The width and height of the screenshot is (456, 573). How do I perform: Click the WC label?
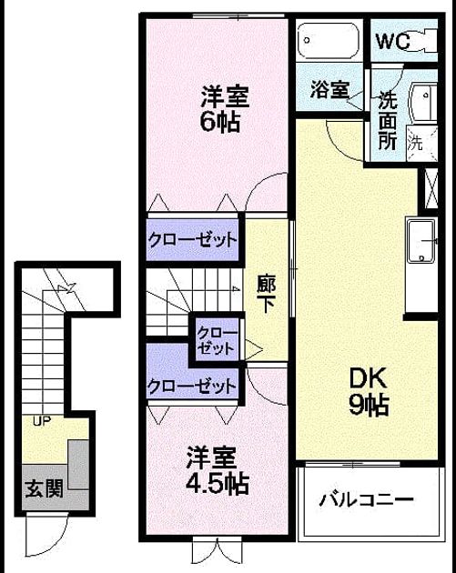coord(393,41)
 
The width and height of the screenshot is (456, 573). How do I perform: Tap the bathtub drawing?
coord(329,41)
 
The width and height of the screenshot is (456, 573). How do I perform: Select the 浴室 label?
coord(329,89)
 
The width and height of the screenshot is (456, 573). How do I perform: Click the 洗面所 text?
coord(388,120)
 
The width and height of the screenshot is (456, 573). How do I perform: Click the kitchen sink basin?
coord(422,241)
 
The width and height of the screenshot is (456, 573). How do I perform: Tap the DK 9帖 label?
coord(369,391)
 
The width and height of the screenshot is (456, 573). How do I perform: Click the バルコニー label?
coord(366,499)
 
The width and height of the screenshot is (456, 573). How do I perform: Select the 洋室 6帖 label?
coord(224,108)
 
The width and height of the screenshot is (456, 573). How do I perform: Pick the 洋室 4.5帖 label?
coord(218,470)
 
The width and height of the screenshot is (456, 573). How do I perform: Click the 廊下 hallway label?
coord(266,294)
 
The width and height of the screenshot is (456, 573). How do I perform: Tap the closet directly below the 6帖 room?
coord(192,240)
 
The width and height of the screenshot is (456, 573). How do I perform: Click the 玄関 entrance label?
coord(45,488)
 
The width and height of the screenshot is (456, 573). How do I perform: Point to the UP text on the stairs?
coord(42,421)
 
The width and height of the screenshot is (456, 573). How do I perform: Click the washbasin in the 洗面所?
coord(424,103)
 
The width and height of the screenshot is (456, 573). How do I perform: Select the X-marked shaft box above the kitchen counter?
coord(431,188)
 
